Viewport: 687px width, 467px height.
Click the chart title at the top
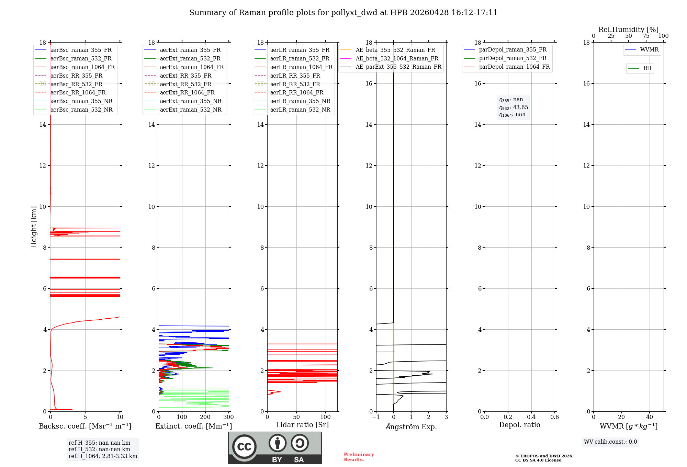tap(343, 13)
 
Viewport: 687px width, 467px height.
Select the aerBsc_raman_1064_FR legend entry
tap(82, 67)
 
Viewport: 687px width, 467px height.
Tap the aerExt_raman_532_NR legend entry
tap(191, 110)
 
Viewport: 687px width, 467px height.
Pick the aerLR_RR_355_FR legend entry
tap(295, 76)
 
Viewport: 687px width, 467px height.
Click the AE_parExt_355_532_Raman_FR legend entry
tap(398, 67)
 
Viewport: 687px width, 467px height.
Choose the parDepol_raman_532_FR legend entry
tap(513, 58)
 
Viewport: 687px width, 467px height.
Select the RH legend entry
tap(647, 68)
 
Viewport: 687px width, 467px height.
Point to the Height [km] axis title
tap(34, 227)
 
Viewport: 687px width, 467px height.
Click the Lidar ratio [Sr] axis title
tap(302, 425)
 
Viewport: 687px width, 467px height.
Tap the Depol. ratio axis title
tap(519, 425)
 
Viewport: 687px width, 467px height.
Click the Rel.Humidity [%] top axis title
tap(628, 30)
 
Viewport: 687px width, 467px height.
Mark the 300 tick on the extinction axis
tap(228, 417)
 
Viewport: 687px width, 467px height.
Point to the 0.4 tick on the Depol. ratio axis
tap(531, 417)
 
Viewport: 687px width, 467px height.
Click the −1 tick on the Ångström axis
tap(376, 417)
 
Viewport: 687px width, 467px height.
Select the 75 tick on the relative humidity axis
tap(646, 36)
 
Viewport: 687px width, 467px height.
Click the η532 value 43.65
tap(520, 107)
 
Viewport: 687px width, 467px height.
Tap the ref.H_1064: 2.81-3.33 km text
tap(103, 456)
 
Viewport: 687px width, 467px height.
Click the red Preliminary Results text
tap(359, 457)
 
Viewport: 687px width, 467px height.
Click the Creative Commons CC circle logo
tap(244, 447)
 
